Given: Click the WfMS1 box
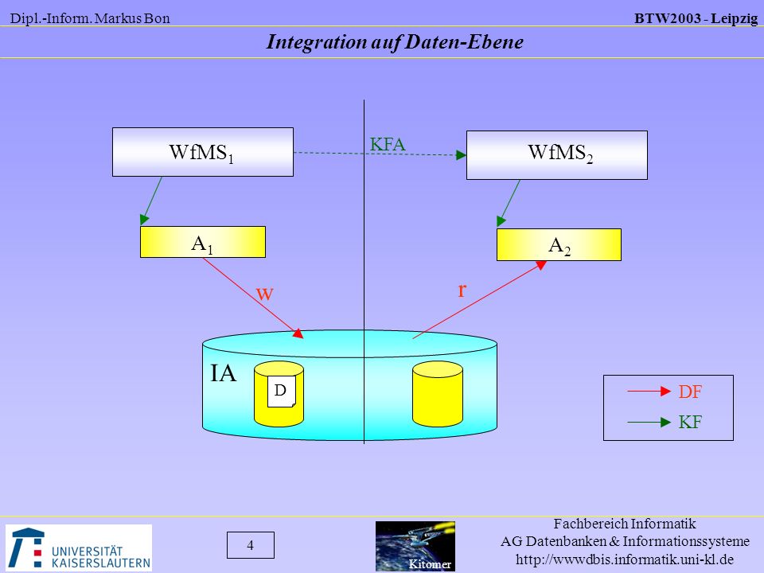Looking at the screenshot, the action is tap(203, 152).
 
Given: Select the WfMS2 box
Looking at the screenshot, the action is tap(557, 155).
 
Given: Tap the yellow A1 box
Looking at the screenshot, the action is tap(203, 242).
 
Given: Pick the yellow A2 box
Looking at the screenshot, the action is tap(559, 244).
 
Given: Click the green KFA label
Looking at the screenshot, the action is tap(388, 144).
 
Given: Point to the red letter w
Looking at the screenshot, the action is tap(264, 294).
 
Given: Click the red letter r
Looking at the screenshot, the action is tap(462, 290).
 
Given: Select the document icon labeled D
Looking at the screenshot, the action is tap(281, 391).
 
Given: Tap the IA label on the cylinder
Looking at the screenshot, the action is tap(223, 373).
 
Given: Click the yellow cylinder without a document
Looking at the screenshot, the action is tap(438, 394).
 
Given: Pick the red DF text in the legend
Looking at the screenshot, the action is tap(690, 392).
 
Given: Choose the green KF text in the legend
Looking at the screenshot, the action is tap(690, 422).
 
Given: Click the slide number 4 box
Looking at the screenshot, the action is tap(251, 544).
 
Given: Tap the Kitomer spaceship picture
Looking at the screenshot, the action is tap(415, 546).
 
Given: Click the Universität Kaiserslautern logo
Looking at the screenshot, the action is tap(79, 548).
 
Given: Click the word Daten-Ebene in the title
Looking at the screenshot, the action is tap(464, 42).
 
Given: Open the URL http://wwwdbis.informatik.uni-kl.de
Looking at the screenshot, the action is tap(625, 559).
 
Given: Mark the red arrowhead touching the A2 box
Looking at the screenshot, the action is tap(541, 265).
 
